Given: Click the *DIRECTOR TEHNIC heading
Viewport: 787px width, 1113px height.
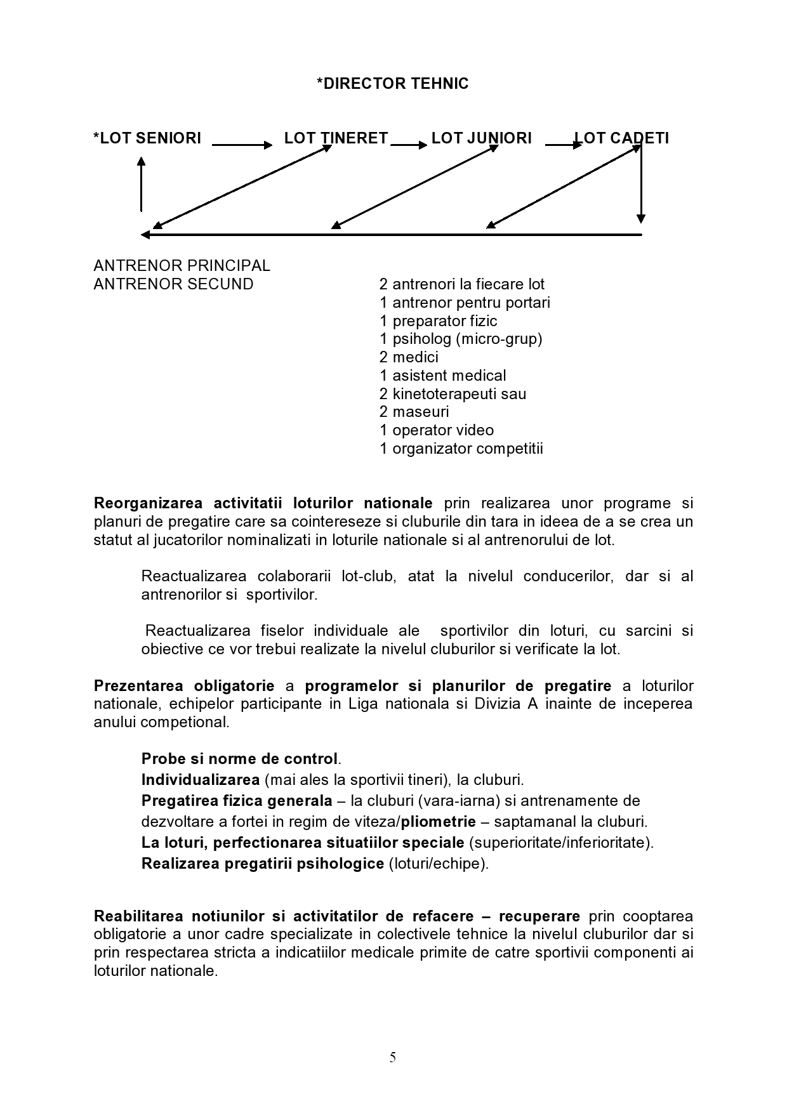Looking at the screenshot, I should pos(392,84).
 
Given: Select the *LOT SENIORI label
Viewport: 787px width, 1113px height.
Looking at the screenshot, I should pos(147,138).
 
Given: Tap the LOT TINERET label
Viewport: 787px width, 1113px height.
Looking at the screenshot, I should pos(336,138).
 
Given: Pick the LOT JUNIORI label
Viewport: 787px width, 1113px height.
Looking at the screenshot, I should pos(481,138).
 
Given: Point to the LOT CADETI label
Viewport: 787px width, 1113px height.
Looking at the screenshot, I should pos(621,138).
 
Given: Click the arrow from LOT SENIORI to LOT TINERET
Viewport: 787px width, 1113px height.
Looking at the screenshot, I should pos(241,145).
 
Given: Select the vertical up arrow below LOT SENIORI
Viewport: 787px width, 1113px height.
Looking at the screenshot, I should pos(141,184).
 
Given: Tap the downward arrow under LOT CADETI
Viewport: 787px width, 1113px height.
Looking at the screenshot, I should pos(641,184).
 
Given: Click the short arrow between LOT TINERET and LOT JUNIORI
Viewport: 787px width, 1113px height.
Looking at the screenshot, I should pos(409,145).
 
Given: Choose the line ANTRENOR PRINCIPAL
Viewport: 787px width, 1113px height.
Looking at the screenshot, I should pos(182,265).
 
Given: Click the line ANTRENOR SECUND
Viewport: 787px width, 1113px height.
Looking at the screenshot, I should pos(173,284).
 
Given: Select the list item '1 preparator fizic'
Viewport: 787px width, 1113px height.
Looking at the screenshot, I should pos(438,321).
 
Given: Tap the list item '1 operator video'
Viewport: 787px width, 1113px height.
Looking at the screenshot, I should pos(437,430).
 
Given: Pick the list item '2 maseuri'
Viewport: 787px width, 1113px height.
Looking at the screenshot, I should pos(414,412).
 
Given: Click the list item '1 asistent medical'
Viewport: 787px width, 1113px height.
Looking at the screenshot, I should pos(442,376).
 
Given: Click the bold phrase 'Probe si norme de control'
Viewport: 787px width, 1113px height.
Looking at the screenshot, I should pos(239,759).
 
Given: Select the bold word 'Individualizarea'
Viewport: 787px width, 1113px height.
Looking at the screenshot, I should pos(201,780).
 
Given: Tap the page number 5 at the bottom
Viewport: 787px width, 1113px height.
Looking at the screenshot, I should pos(393,1057).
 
